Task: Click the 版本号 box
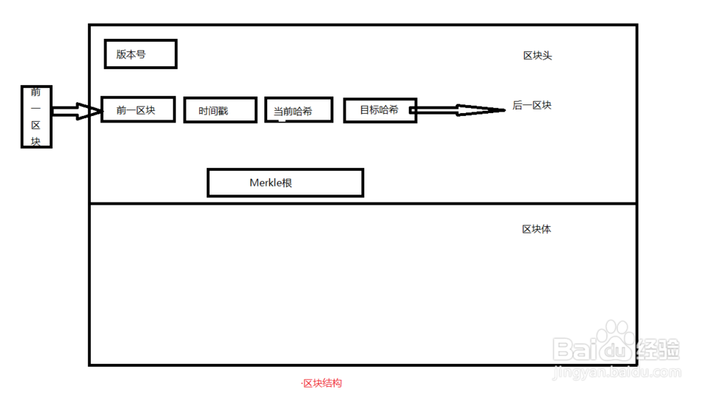click(140, 54)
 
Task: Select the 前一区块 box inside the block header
click(138, 110)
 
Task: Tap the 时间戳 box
click(220, 110)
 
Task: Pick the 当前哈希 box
click(299, 110)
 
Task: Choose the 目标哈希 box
click(379, 110)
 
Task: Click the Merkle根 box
click(285, 183)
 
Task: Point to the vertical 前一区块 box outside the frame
click(36, 116)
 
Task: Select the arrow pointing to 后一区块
click(458, 110)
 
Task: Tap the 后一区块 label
click(532, 105)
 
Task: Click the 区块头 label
click(537, 55)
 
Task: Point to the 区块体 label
click(536, 229)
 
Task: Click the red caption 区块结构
click(321, 383)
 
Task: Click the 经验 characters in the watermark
click(658, 349)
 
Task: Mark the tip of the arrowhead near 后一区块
click(505, 110)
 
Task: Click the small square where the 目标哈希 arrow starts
click(413, 110)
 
